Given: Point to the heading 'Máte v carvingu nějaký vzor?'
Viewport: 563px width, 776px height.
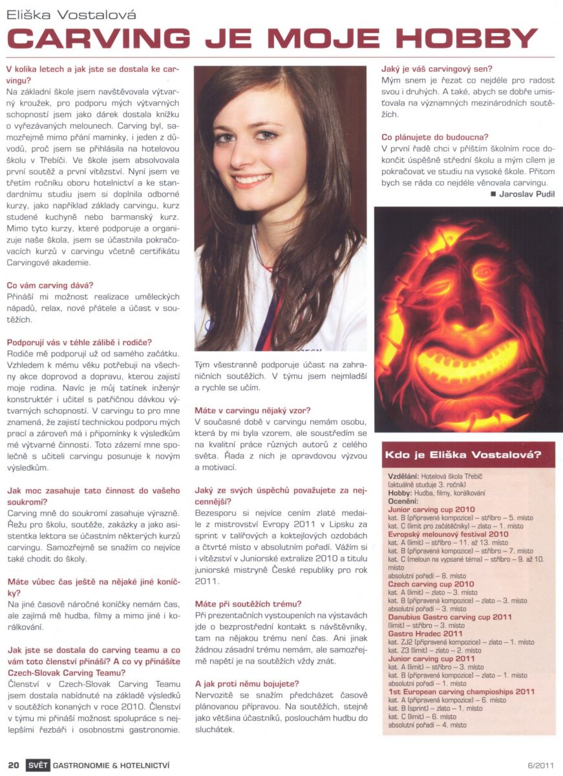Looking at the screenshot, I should [x=253, y=410].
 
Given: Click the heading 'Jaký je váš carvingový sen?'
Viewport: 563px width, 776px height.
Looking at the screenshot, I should [x=437, y=69].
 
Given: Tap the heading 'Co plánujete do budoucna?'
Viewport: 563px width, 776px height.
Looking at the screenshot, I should [x=435, y=137].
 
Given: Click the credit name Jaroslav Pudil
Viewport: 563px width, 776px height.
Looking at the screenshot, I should [x=526, y=193].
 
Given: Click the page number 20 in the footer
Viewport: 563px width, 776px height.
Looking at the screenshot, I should [x=13, y=765].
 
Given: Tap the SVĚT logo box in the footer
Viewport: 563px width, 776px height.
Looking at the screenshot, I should [x=37, y=765].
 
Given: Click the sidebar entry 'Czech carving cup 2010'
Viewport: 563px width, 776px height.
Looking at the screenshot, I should [x=431, y=584].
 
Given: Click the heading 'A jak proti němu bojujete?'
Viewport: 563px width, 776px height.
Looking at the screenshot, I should [x=247, y=683].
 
